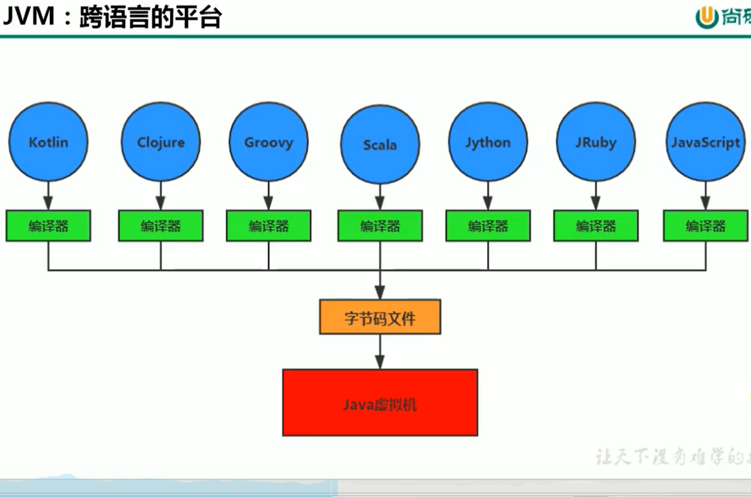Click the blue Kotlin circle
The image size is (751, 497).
click(48, 142)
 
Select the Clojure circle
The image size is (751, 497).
click(161, 142)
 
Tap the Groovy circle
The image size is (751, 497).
click(268, 142)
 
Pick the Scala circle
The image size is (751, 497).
click(380, 144)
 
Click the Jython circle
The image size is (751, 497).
click(488, 142)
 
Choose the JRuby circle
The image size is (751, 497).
click(595, 142)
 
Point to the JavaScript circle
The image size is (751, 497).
click(706, 142)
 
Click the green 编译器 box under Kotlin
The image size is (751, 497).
click(48, 225)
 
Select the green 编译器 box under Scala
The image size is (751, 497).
click(380, 225)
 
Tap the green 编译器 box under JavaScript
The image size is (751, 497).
click(706, 225)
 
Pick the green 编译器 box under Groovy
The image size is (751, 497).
click(268, 225)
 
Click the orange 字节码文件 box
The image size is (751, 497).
click(380, 317)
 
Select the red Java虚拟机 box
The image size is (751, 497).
click(380, 402)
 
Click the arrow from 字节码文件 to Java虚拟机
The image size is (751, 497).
click(380, 353)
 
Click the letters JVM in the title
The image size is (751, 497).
click(29, 16)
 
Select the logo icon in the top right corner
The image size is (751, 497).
click(706, 17)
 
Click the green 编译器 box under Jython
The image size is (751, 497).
click(488, 225)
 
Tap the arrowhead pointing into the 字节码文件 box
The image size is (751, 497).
click(380, 294)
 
